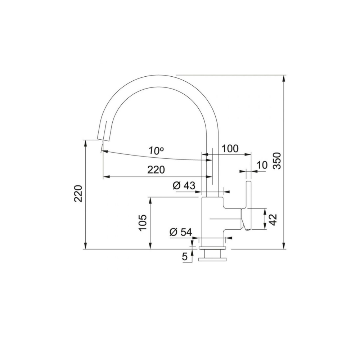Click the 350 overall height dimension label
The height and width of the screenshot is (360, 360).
[278, 161]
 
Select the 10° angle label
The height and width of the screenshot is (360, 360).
[156, 150]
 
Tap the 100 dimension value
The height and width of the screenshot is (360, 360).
[230, 149]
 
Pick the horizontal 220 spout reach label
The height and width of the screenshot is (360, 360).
[156, 170]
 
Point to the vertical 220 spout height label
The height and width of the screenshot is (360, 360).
[78, 193]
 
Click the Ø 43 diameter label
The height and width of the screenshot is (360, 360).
[184, 185]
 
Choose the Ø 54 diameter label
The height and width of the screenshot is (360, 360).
[180, 232]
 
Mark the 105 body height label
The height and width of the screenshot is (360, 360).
[143, 223]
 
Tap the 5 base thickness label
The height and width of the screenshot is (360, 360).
[185, 257]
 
